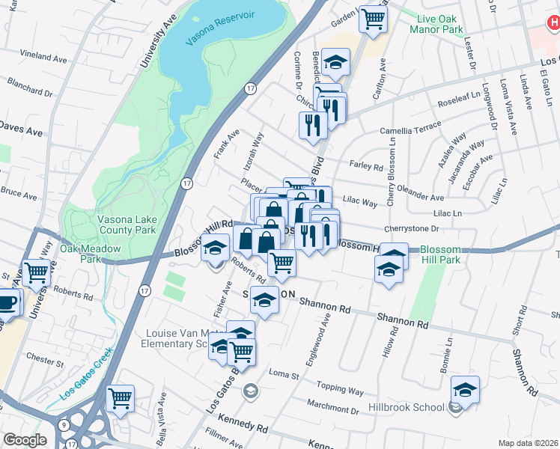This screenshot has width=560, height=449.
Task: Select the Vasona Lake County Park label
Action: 125,225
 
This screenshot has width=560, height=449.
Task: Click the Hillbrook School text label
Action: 406,408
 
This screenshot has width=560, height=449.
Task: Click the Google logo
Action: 25,440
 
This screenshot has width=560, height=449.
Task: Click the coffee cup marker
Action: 6,302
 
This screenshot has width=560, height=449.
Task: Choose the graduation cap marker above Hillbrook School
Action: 465,389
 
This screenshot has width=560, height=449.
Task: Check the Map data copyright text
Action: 528,442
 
